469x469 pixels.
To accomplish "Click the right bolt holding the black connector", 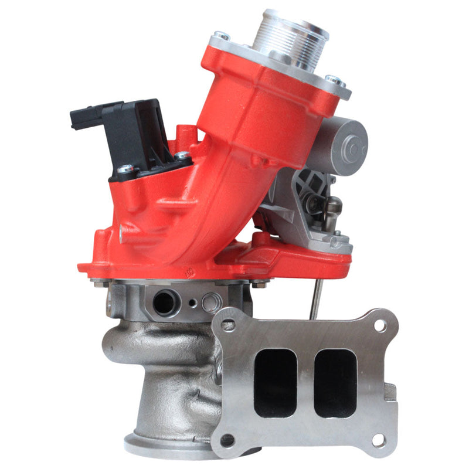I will (x=182, y=157).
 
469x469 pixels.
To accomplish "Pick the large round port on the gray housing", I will (x=164, y=302).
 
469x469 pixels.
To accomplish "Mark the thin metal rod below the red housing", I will (x=316, y=296).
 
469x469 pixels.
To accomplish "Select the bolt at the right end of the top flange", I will (x=333, y=80).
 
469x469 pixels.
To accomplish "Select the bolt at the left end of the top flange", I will (x=222, y=36).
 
